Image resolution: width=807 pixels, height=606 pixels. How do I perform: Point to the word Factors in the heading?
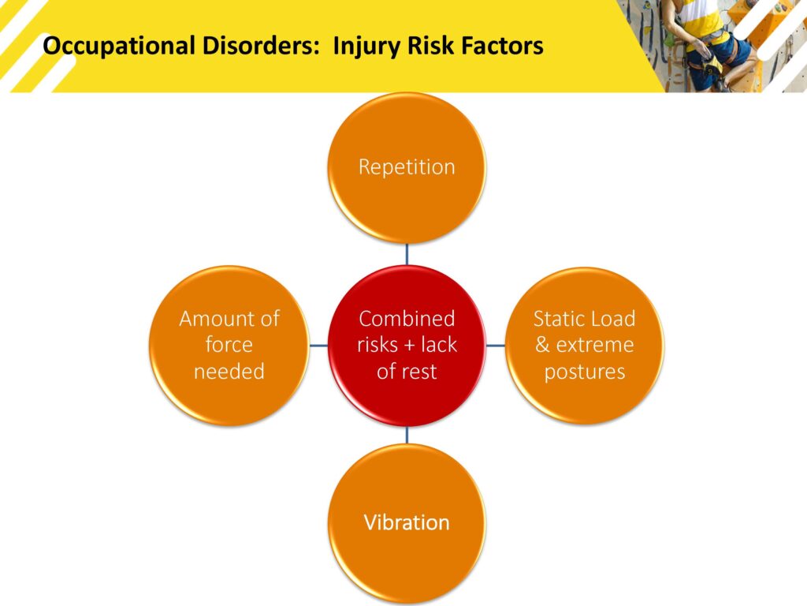[502, 45]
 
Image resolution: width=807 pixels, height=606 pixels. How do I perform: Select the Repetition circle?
[407, 167]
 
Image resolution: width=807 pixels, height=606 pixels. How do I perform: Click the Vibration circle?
[407, 523]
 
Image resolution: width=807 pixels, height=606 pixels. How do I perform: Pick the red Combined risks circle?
[407, 346]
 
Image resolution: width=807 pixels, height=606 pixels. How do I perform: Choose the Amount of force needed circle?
[229, 346]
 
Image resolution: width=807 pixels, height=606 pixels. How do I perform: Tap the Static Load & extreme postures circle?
[585, 346]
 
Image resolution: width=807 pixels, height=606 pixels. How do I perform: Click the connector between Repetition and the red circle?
[407, 255]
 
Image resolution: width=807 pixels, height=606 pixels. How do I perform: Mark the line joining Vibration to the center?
[407, 435]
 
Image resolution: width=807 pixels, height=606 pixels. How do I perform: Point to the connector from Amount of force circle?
[318, 346]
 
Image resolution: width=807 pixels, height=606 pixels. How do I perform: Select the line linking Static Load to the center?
[496, 346]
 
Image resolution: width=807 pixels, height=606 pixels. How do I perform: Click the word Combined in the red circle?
[407, 319]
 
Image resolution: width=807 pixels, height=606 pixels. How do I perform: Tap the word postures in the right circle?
[585, 372]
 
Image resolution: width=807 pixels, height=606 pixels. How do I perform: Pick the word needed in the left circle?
[229, 372]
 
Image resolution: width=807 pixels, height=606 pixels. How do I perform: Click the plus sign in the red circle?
[410, 346]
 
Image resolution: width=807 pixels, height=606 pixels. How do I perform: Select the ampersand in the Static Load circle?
[542, 345]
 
